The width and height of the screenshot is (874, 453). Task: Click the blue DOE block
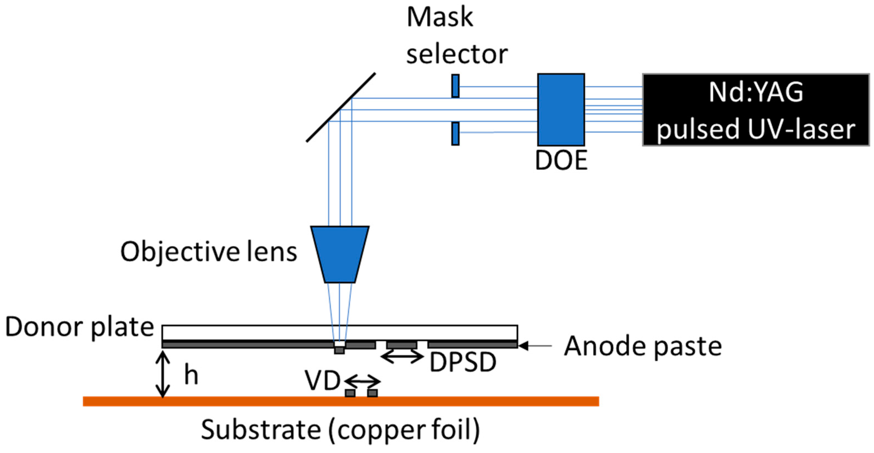(x=561, y=109)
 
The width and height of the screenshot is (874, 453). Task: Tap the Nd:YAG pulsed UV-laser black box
(x=756, y=110)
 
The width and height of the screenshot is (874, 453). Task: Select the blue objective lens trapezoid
(x=340, y=254)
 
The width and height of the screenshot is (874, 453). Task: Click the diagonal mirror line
(x=341, y=107)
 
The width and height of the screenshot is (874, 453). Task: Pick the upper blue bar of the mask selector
(x=455, y=86)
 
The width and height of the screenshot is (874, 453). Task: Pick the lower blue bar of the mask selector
(x=455, y=134)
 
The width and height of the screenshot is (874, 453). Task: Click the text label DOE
(x=561, y=160)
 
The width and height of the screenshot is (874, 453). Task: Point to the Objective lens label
(x=209, y=252)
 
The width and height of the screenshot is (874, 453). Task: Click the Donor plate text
(x=80, y=327)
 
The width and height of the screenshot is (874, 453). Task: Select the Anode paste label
(x=643, y=346)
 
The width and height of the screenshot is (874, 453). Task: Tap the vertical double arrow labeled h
(x=163, y=374)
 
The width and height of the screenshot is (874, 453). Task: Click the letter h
(x=191, y=375)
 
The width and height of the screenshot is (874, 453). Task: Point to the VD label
(x=322, y=381)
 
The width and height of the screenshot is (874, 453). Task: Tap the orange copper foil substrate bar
(x=341, y=401)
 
